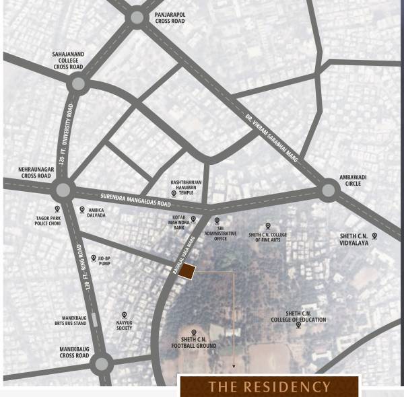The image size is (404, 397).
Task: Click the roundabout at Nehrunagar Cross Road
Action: pos(63,189)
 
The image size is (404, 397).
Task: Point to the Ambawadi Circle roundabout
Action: pos(329,190)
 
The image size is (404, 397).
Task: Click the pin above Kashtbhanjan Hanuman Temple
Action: pos(173,193)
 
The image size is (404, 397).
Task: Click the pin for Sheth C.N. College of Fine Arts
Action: pos(267,226)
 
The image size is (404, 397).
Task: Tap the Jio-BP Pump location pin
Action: pos(93,257)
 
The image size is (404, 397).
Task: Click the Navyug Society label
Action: pos(123,325)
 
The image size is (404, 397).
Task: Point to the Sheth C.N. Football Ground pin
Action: pos(194,332)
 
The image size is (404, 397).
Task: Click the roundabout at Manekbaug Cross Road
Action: pos(102,364)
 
